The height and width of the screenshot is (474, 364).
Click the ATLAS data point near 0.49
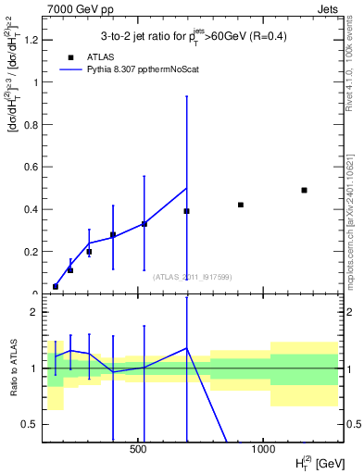click(304, 190)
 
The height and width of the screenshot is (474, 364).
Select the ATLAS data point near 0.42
click(241, 205)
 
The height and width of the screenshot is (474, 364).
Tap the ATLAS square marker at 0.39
click(186, 211)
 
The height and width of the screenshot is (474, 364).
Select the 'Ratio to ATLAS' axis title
click(11, 368)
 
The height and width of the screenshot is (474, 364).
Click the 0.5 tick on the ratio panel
click(30, 424)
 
